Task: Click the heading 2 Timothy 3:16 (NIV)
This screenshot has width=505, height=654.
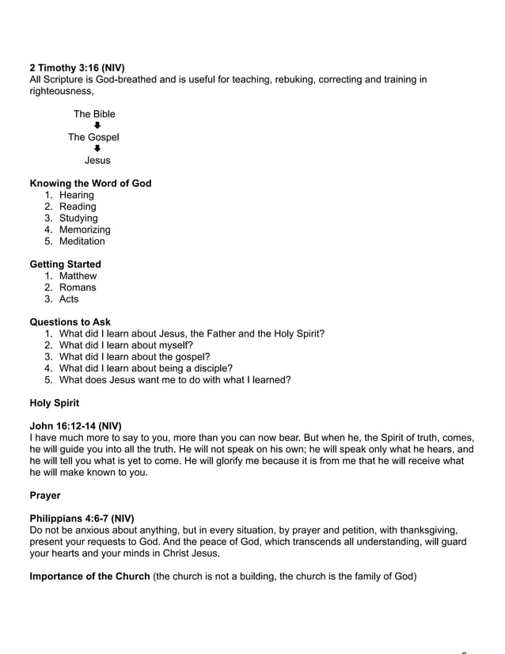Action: [77, 68]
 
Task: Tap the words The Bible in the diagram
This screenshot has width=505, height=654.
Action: [94, 114]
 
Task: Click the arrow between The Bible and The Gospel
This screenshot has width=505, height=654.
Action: [97, 125]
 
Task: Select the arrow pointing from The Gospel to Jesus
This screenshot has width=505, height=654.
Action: [97, 149]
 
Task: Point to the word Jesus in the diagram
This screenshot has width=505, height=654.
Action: [97, 161]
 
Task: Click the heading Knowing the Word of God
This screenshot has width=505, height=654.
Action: [90, 184]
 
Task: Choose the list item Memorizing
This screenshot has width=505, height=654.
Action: [85, 230]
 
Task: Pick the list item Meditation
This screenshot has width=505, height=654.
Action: [82, 241]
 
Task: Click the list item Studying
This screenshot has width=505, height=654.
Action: [78, 219]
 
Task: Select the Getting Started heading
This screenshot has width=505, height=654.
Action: [65, 264]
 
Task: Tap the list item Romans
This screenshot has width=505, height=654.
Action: [78, 287]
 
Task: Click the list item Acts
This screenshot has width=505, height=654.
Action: [69, 299]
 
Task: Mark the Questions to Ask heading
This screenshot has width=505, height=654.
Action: [70, 322]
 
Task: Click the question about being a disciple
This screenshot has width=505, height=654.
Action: [146, 368]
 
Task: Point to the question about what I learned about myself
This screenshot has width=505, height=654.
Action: [126, 345]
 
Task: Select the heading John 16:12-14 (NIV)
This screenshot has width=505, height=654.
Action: [75, 426]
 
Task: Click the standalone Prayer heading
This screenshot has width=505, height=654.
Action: [45, 496]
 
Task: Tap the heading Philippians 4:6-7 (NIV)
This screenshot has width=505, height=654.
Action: [82, 519]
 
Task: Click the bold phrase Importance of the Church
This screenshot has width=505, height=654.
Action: [89, 576]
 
